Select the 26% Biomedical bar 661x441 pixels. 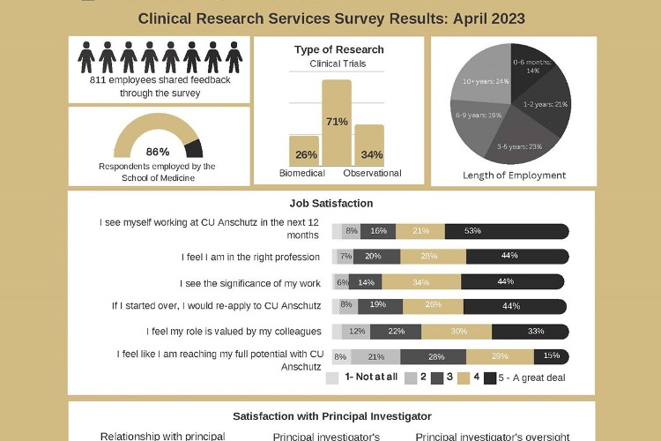pyautogui.click(x=304, y=151)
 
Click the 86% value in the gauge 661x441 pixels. pyautogui.click(x=158, y=152)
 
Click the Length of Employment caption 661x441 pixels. pyautogui.click(x=514, y=175)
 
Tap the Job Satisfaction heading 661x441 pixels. pyautogui.click(x=330, y=203)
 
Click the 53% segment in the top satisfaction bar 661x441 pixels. pyautogui.click(x=506, y=231)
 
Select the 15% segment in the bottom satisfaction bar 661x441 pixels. pyautogui.click(x=551, y=356)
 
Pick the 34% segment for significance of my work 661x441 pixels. pyautogui.click(x=420, y=282)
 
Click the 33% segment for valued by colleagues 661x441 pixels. pyautogui.click(x=530, y=332)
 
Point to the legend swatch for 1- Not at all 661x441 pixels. pyautogui.click(x=332, y=378)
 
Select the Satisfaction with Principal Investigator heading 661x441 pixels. pyautogui.click(x=332, y=415)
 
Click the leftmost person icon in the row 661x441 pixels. pyautogui.click(x=86, y=57)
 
